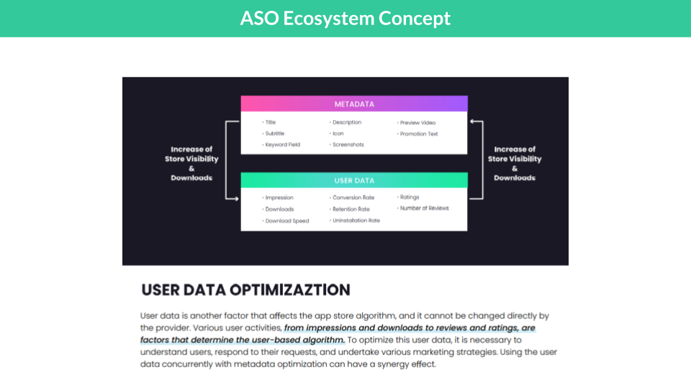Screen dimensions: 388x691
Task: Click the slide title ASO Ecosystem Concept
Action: click(345, 18)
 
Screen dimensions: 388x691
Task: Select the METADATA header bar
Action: click(354, 104)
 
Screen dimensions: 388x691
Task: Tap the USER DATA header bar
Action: click(354, 180)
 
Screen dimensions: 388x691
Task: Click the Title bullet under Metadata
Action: click(270, 123)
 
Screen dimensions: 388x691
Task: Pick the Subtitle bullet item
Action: click(274, 134)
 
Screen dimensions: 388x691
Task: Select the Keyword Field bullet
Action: click(282, 145)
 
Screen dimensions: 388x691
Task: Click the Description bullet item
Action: click(346, 123)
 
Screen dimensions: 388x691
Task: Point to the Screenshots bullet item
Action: click(348, 145)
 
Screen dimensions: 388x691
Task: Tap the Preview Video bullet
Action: click(417, 123)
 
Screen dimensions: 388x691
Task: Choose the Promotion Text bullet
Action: click(419, 134)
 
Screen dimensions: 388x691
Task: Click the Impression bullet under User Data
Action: click(279, 198)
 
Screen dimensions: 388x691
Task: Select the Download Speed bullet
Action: click(286, 221)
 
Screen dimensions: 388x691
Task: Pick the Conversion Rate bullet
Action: click(353, 198)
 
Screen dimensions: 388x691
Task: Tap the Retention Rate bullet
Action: click(351, 209)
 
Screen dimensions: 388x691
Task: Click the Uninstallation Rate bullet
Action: click(356, 221)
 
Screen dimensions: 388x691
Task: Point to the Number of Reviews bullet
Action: click(424, 208)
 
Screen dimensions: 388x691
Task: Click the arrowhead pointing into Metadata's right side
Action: click(472, 122)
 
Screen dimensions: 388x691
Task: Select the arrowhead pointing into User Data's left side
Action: click(236, 198)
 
